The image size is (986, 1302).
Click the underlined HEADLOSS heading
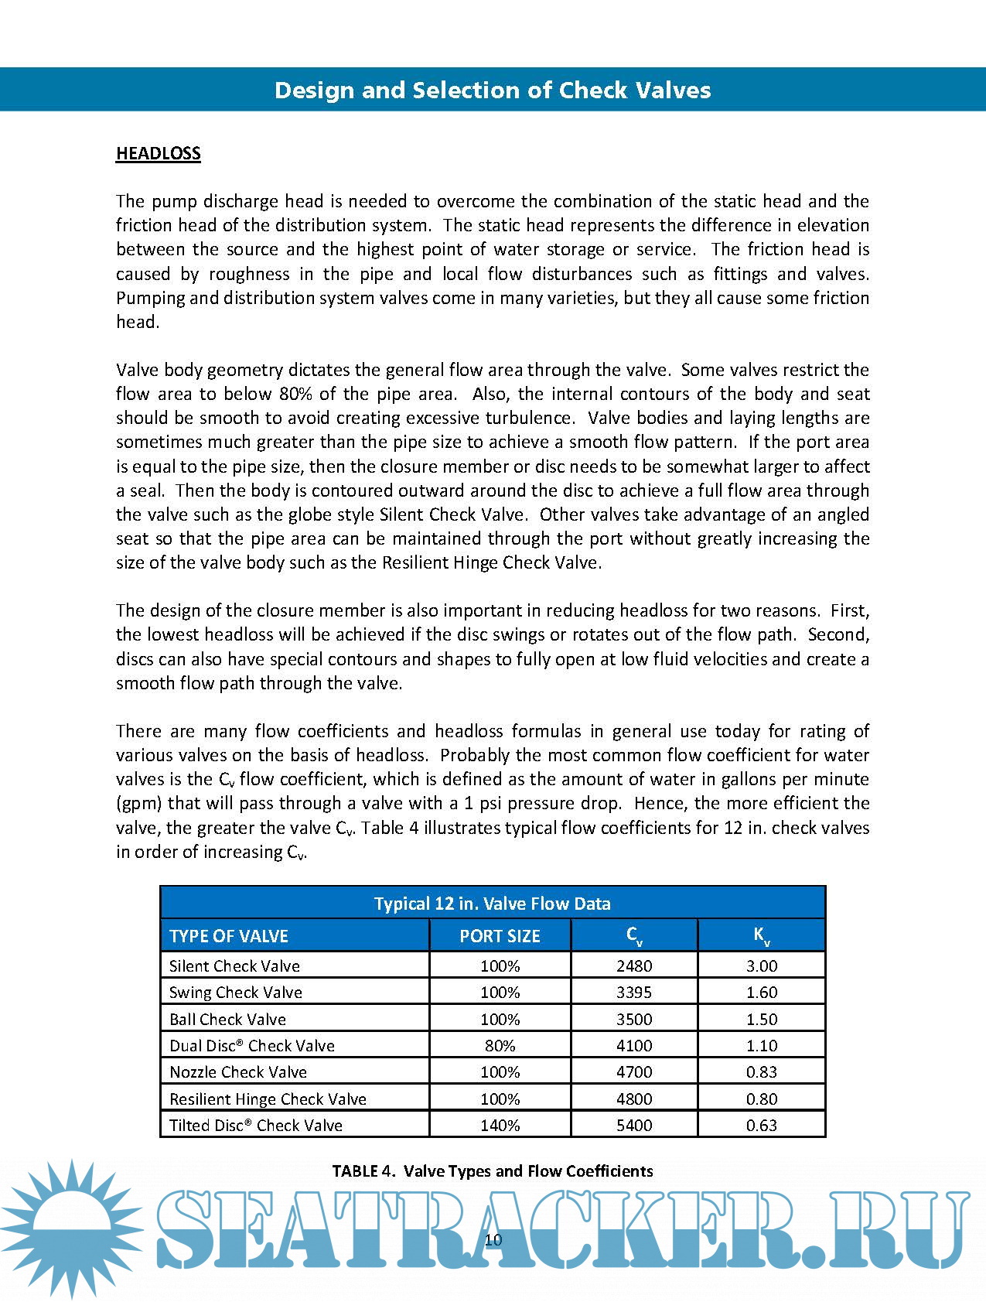point(159,153)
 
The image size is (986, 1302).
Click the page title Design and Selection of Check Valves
point(493,91)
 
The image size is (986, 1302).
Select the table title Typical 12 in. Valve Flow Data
point(493,904)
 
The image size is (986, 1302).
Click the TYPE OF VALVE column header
point(229,936)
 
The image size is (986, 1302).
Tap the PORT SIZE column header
point(500,936)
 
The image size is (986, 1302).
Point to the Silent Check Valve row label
point(234,965)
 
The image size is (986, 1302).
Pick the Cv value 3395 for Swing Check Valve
point(634,992)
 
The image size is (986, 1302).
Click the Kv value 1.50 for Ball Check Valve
point(762,1019)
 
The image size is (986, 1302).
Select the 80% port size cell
point(500,1045)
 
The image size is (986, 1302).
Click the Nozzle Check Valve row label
point(238,1071)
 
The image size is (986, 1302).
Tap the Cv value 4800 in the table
point(634,1099)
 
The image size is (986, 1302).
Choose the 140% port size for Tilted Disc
point(500,1125)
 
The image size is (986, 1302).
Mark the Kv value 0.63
point(762,1125)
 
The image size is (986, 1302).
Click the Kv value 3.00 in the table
point(762,965)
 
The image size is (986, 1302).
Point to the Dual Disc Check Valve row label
point(252,1045)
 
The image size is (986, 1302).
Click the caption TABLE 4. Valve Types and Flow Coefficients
point(493,1170)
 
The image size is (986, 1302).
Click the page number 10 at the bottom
point(493,1239)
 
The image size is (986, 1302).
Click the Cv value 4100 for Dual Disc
point(634,1045)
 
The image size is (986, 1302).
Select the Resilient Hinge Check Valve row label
point(268,1099)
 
